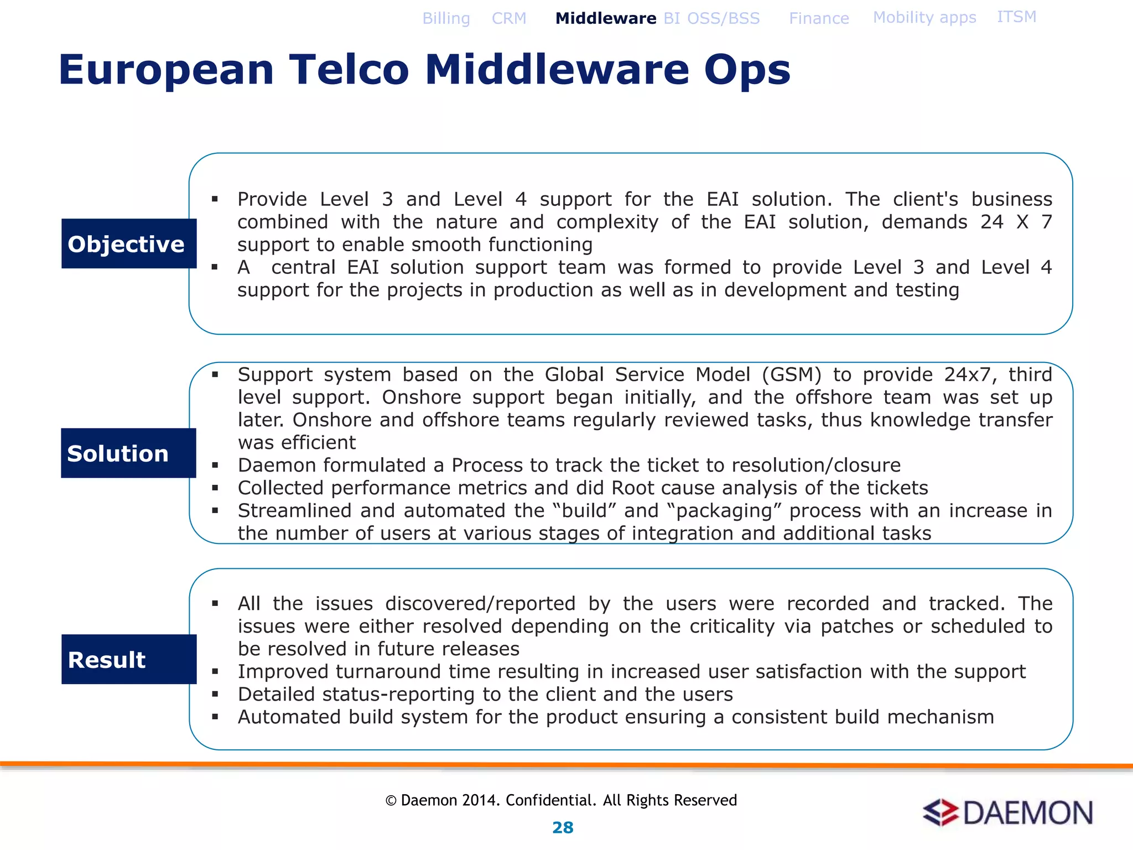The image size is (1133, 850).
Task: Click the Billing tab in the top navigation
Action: pyautogui.click(x=446, y=18)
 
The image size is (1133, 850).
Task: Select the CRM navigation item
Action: pyautogui.click(x=509, y=18)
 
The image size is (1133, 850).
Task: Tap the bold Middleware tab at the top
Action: pyautogui.click(x=606, y=18)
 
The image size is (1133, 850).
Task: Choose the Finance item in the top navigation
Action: pyautogui.click(x=819, y=18)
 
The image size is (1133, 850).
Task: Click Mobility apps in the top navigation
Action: pyautogui.click(x=924, y=18)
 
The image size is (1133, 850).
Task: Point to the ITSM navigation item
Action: pyautogui.click(x=1016, y=17)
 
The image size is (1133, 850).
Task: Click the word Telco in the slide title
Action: pyautogui.click(x=349, y=70)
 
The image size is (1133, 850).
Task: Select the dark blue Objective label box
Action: pyautogui.click(x=129, y=243)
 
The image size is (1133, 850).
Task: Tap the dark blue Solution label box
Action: pyautogui.click(x=128, y=453)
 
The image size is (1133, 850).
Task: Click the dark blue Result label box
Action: pyautogui.click(x=129, y=659)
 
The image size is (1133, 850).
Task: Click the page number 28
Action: pyautogui.click(x=563, y=827)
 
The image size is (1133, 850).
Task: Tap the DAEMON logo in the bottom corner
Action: pyautogui.click(x=1007, y=812)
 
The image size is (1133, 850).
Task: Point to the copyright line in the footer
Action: pyautogui.click(x=561, y=800)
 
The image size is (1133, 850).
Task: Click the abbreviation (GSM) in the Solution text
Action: pyautogui.click(x=792, y=375)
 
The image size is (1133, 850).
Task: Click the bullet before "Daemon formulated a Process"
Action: pyautogui.click(x=215, y=465)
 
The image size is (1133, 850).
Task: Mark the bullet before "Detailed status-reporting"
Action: pyautogui.click(x=215, y=694)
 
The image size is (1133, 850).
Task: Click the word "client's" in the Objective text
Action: pyautogui.click(x=926, y=199)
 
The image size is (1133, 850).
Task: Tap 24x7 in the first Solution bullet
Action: pyautogui.click(x=970, y=375)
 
